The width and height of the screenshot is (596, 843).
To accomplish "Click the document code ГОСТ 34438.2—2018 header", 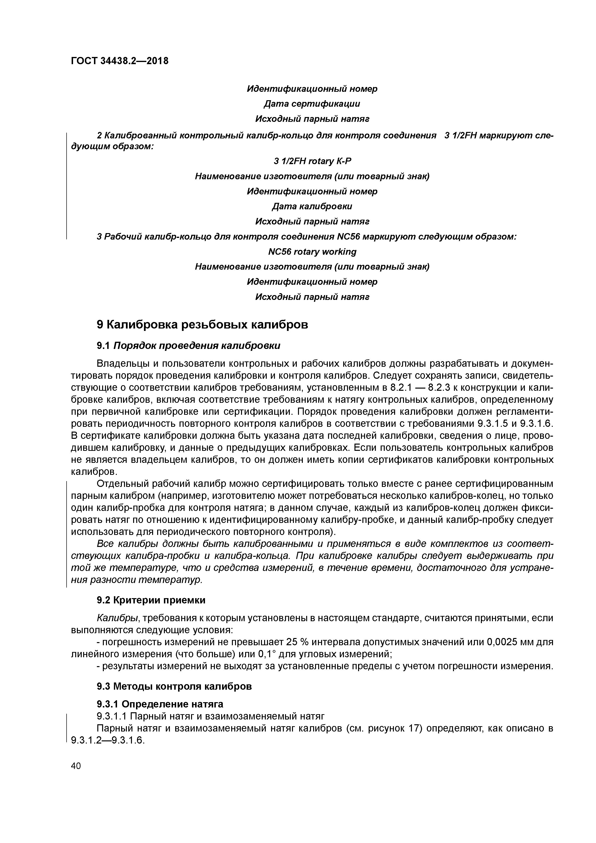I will coord(120,61).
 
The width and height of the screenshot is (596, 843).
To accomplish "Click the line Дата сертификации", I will coord(312,104).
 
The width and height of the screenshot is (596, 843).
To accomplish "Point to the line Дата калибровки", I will coord(312,206).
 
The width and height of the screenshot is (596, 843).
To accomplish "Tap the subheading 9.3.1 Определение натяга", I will coord(160,704).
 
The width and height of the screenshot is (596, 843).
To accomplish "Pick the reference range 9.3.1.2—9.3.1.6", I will coord(108,740).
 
